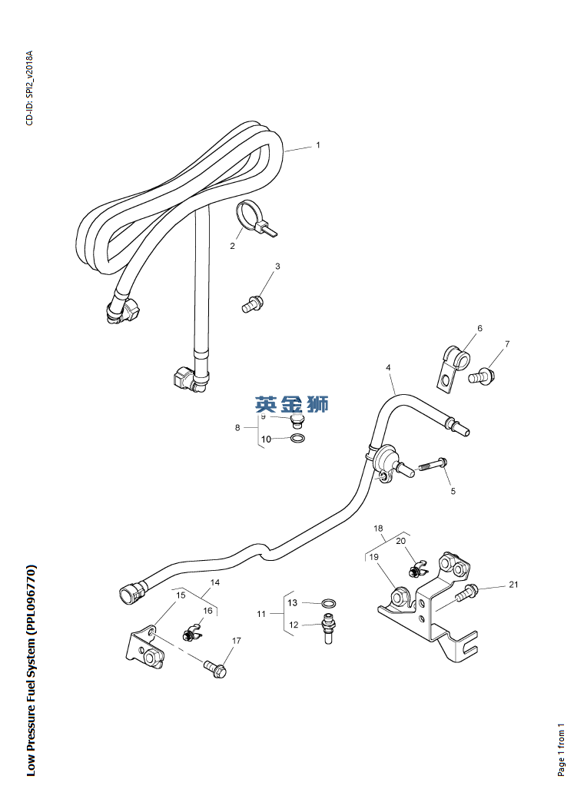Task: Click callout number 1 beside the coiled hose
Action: tap(318, 145)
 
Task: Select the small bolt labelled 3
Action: tap(253, 304)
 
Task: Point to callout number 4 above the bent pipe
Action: tap(388, 367)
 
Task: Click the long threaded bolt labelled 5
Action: tap(432, 465)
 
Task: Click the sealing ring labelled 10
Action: tap(297, 439)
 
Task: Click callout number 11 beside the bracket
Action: tap(261, 613)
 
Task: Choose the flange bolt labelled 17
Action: tap(216, 669)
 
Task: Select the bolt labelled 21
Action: tap(466, 592)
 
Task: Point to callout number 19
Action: tap(374, 557)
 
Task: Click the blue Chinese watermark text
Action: tap(291, 404)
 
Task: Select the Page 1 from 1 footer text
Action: tap(561, 749)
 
